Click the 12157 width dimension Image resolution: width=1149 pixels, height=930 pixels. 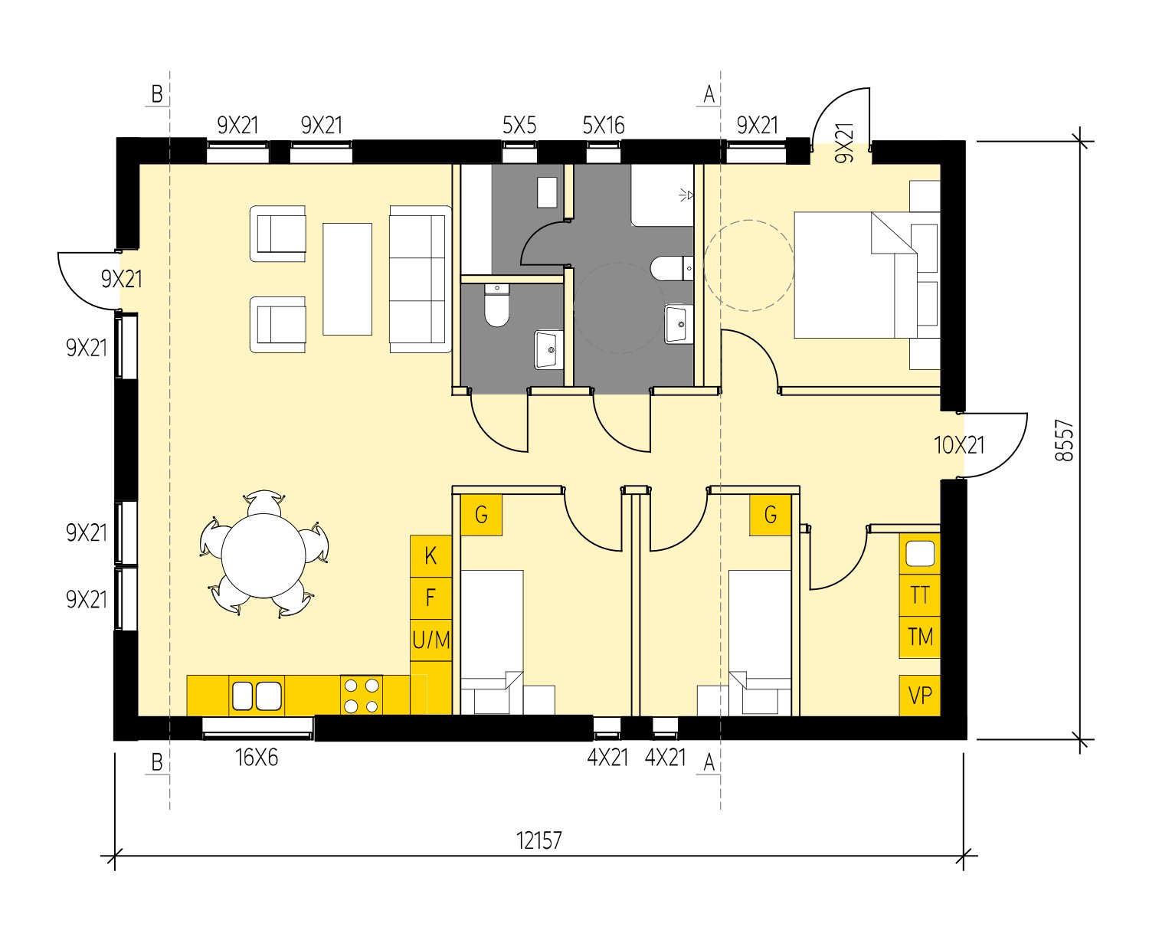click(538, 840)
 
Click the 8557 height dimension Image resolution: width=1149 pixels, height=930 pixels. click(1065, 440)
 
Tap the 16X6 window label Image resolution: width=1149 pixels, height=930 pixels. click(257, 758)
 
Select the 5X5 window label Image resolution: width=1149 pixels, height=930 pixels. click(519, 125)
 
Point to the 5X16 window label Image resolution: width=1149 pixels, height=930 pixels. click(604, 125)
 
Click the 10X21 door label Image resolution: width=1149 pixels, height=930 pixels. click(959, 445)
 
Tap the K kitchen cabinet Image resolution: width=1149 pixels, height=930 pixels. click(430, 555)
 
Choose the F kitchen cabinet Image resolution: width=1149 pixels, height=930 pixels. click(430, 597)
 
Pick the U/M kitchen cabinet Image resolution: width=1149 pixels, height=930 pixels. click(430, 639)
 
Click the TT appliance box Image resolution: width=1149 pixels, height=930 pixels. click(920, 595)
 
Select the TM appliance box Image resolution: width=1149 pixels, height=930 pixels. click(920, 637)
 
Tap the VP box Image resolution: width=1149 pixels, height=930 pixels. click(920, 695)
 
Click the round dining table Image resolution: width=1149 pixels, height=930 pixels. click(264, 555)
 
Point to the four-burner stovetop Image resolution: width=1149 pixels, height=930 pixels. click(362, 696)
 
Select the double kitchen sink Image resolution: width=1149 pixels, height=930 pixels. click(256, 696)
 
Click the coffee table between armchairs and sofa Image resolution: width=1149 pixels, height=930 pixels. click(347, 279)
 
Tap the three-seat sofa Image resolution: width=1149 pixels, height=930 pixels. click(418, 279)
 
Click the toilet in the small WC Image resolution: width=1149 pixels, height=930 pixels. click(497, 306)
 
